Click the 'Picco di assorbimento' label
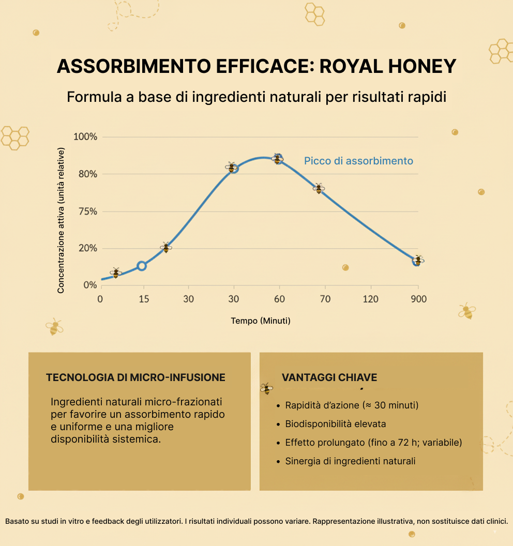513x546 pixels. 358,161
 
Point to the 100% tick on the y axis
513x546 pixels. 85,137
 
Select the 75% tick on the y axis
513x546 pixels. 87,211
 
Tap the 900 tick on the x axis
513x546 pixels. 419,299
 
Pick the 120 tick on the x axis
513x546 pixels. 370,299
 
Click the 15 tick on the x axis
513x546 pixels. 144,299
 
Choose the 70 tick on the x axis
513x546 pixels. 325,299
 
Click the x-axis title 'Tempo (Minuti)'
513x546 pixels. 261,321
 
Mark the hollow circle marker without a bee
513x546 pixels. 142,266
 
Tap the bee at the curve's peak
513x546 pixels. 278,159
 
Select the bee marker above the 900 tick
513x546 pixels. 418,260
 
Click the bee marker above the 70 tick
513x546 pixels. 319,188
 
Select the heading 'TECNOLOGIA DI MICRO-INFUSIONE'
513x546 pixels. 135,377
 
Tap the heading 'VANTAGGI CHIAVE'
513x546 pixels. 329,377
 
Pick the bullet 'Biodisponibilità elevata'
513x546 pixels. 336,424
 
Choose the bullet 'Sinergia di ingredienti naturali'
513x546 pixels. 350,461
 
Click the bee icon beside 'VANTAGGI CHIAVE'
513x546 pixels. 266,388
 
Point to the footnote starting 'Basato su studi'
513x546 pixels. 256,521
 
